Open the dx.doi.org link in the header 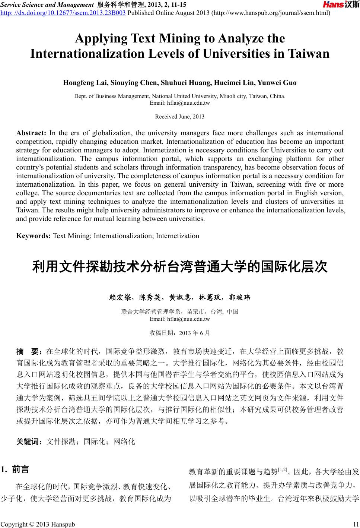pos(63,13)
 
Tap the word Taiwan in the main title pos(307,54)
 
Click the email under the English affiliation pos(179,102)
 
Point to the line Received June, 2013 pos(179,117)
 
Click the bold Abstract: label pos(31,133)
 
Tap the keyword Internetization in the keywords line pos(177,236)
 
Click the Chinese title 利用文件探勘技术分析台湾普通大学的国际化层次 pos(180,267)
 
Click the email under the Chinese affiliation pos(179,319)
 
